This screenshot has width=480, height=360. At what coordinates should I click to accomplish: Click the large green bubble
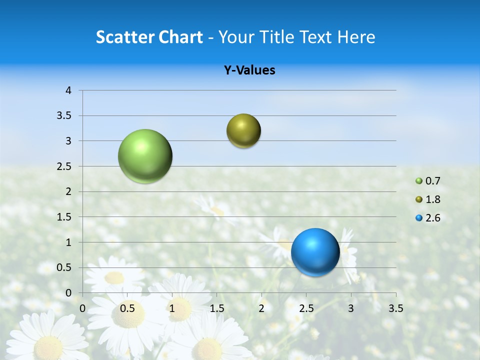coord(145,156)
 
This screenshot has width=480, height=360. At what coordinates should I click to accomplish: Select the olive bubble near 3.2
coord(243,130)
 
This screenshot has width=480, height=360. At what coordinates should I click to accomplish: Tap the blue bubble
coord(315,252)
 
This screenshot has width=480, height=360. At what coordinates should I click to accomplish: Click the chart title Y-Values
coord(249,70)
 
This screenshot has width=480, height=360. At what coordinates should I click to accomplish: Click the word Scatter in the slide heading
coord(125,37)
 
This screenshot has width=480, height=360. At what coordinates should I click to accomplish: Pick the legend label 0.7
coord(433,181)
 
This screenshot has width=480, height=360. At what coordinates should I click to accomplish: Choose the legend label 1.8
coord(433,199)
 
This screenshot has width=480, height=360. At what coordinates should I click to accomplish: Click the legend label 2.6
coord(433,218)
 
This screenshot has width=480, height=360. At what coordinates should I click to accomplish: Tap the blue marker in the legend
coord(419,218)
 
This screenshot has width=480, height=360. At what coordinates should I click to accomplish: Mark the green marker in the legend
coord(419,181)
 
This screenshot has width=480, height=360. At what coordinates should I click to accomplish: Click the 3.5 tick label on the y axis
coord(64,115)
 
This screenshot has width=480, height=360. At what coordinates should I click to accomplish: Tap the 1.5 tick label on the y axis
coord(64,217)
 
